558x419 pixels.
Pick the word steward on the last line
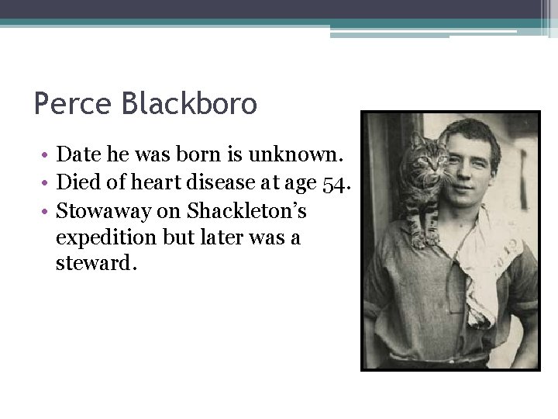click(x=95, y=264)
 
